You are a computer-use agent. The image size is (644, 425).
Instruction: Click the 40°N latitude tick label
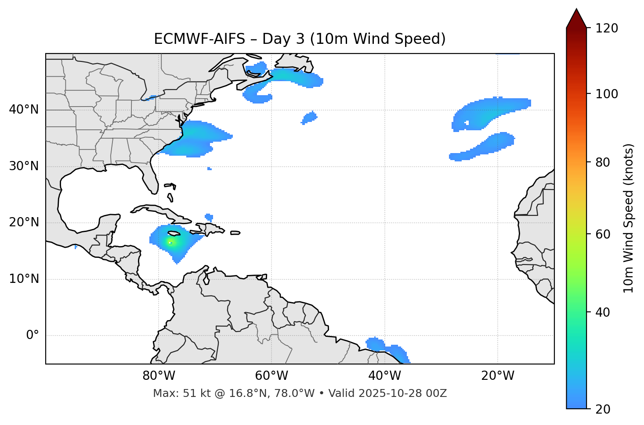point(24,110)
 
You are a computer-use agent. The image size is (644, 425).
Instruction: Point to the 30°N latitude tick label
point(24,166)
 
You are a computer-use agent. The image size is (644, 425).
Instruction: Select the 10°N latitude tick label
point(24,279)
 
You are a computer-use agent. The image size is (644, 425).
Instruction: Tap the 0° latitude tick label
point(33,336)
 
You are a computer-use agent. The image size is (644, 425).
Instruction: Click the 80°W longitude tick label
point(159,376)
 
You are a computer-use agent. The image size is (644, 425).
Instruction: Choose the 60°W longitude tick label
point(271,376)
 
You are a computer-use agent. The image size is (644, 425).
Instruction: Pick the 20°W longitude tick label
point(497,376)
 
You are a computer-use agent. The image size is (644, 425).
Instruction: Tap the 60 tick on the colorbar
point(604,234)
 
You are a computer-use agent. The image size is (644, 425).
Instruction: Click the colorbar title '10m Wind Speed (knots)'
point(629,218)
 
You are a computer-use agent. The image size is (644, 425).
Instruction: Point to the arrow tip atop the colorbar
point(576,9)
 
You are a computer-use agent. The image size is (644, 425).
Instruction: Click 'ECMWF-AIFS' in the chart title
point(199,39)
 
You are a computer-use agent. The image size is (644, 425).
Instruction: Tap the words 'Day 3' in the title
point(283,39)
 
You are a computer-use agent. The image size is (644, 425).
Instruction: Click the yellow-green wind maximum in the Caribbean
point(170,243)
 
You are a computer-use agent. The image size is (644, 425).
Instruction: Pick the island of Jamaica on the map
point(174,234)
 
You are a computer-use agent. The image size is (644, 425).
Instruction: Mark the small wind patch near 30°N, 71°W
point(210,168)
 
